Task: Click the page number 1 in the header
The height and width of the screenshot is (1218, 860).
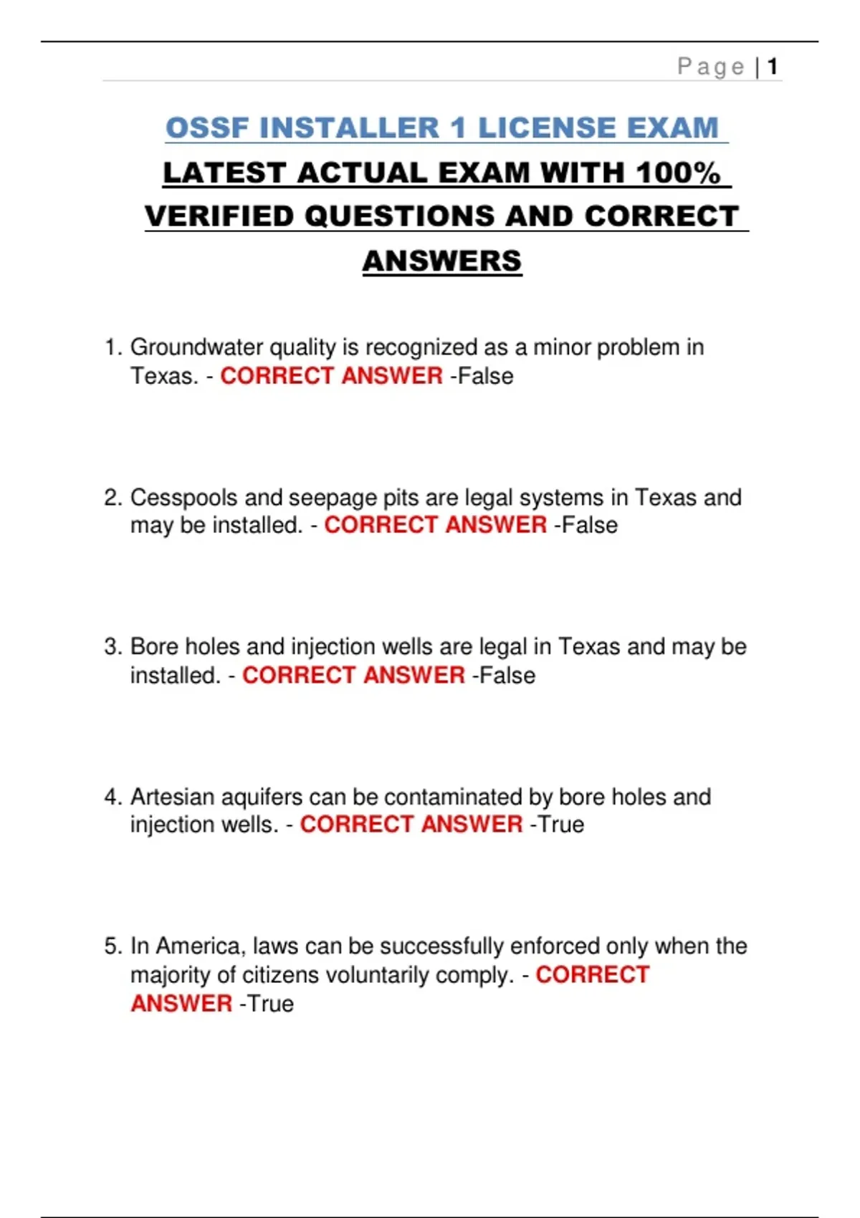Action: [x=773, y=67]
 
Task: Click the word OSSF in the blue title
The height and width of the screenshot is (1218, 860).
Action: [x=207, y=128]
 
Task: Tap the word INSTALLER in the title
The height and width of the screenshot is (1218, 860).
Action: [x=349, y=128]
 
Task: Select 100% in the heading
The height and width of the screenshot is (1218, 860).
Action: [x=677, y=173]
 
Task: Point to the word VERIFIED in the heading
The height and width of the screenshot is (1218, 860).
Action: [x=220, y=216]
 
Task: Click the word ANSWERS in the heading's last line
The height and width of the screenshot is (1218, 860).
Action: [x=442, y=261]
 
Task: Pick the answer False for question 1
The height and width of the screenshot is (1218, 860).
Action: [x=485, y=376]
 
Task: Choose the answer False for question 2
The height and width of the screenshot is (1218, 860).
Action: [x=589, y=525]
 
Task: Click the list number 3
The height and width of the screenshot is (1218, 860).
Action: [x=113, y=647]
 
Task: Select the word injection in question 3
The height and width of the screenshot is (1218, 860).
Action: [x=333, y=647]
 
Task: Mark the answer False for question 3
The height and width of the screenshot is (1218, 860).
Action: [x=507, y=676]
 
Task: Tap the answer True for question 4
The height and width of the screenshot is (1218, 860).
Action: [x=560, y=825]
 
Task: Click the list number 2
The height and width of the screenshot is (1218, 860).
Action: [x=113, y=497]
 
